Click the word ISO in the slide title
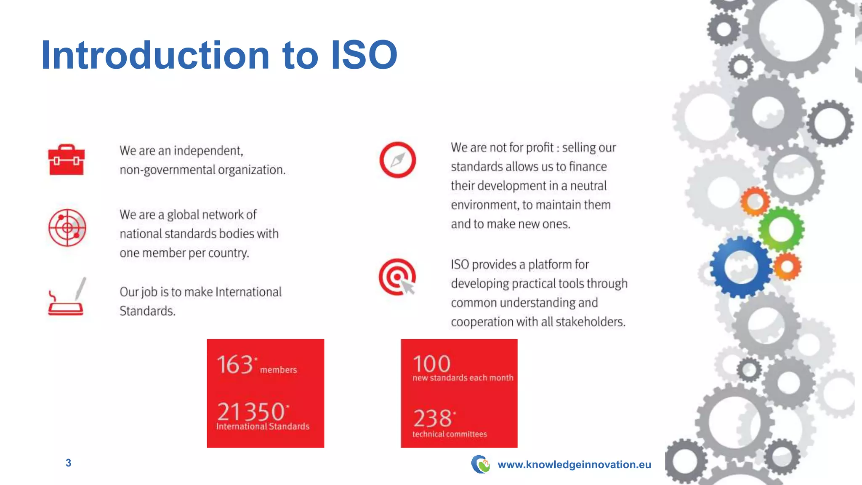point(364,55)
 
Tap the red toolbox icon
point(67,160)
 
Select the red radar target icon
point(67,228)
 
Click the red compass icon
point(398,160)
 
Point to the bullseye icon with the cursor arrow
point(397,277)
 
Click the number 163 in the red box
point(235,365)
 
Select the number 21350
point(251,412)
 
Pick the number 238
point(432,418)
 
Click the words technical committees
point(450,434)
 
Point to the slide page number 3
point(69,463)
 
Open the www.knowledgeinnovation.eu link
point(574,465)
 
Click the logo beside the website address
point(480,464)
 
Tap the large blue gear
point(741,267)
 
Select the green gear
point(781,229)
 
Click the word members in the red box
point(279,370)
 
